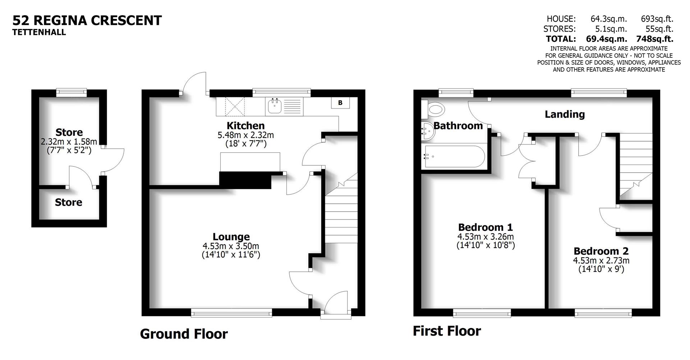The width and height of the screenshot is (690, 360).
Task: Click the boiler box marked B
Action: [x=340, y=103]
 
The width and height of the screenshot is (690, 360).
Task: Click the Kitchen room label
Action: [x=245, y=125]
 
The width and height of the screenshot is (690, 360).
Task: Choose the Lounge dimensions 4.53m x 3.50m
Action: [x=231, y=246]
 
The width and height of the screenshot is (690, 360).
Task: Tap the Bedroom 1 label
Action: [x=485, y=227]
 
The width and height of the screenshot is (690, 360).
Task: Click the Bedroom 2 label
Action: [x=601, y=251]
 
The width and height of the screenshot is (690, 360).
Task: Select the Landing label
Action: [x=565, y=114]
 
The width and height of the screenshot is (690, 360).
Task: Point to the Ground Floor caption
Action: [x=184, y=334]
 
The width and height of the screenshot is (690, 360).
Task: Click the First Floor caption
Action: [x=447, y=331]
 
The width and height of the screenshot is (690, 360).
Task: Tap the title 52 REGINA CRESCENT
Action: [x=87, y=20]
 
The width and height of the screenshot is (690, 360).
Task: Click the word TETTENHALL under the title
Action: [x=39, y=32]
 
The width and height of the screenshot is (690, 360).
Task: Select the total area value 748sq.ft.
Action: [x=655, y=39]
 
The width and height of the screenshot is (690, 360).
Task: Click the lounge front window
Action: [x=231, y=313]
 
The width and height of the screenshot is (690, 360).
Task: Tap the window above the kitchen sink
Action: [x=281, y=92]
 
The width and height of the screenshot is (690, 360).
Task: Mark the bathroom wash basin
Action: [x=428, y=130]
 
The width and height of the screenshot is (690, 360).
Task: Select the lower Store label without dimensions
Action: [x=69, y=202]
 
